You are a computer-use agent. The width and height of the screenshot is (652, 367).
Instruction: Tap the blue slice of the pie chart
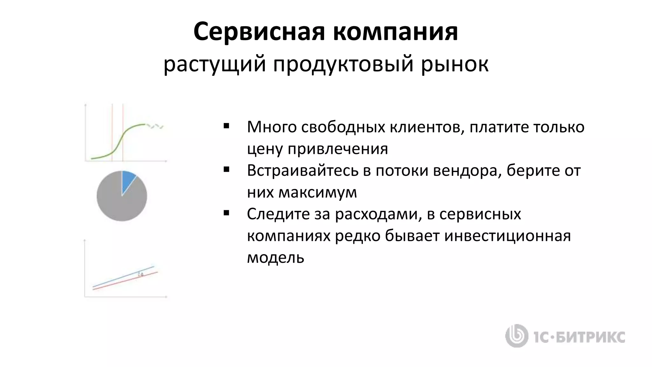tap(128, 180)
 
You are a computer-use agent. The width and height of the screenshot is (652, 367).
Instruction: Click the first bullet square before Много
tap(226, 126)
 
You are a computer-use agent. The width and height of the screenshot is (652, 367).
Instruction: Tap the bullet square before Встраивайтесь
tap(226, 170)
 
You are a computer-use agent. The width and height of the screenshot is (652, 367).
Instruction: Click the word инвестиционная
tap(507, 236)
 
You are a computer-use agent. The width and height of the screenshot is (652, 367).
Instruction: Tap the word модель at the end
tap(275, 257)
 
